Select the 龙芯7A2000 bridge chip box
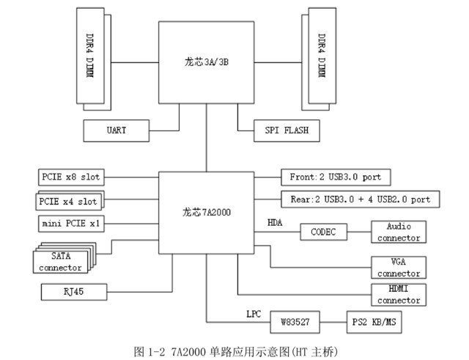(207, 213)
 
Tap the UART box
(116, 130)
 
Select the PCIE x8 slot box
(70, 177)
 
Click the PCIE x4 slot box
(67, 201)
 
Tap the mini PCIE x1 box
(70, 222)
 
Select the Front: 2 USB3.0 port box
(336, 177)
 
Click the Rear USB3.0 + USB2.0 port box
(360, 199)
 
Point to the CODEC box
(323, 232)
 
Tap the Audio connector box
(398, 232)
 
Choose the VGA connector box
(398, 268)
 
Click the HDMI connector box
(398, 295)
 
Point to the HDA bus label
(276, 221)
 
